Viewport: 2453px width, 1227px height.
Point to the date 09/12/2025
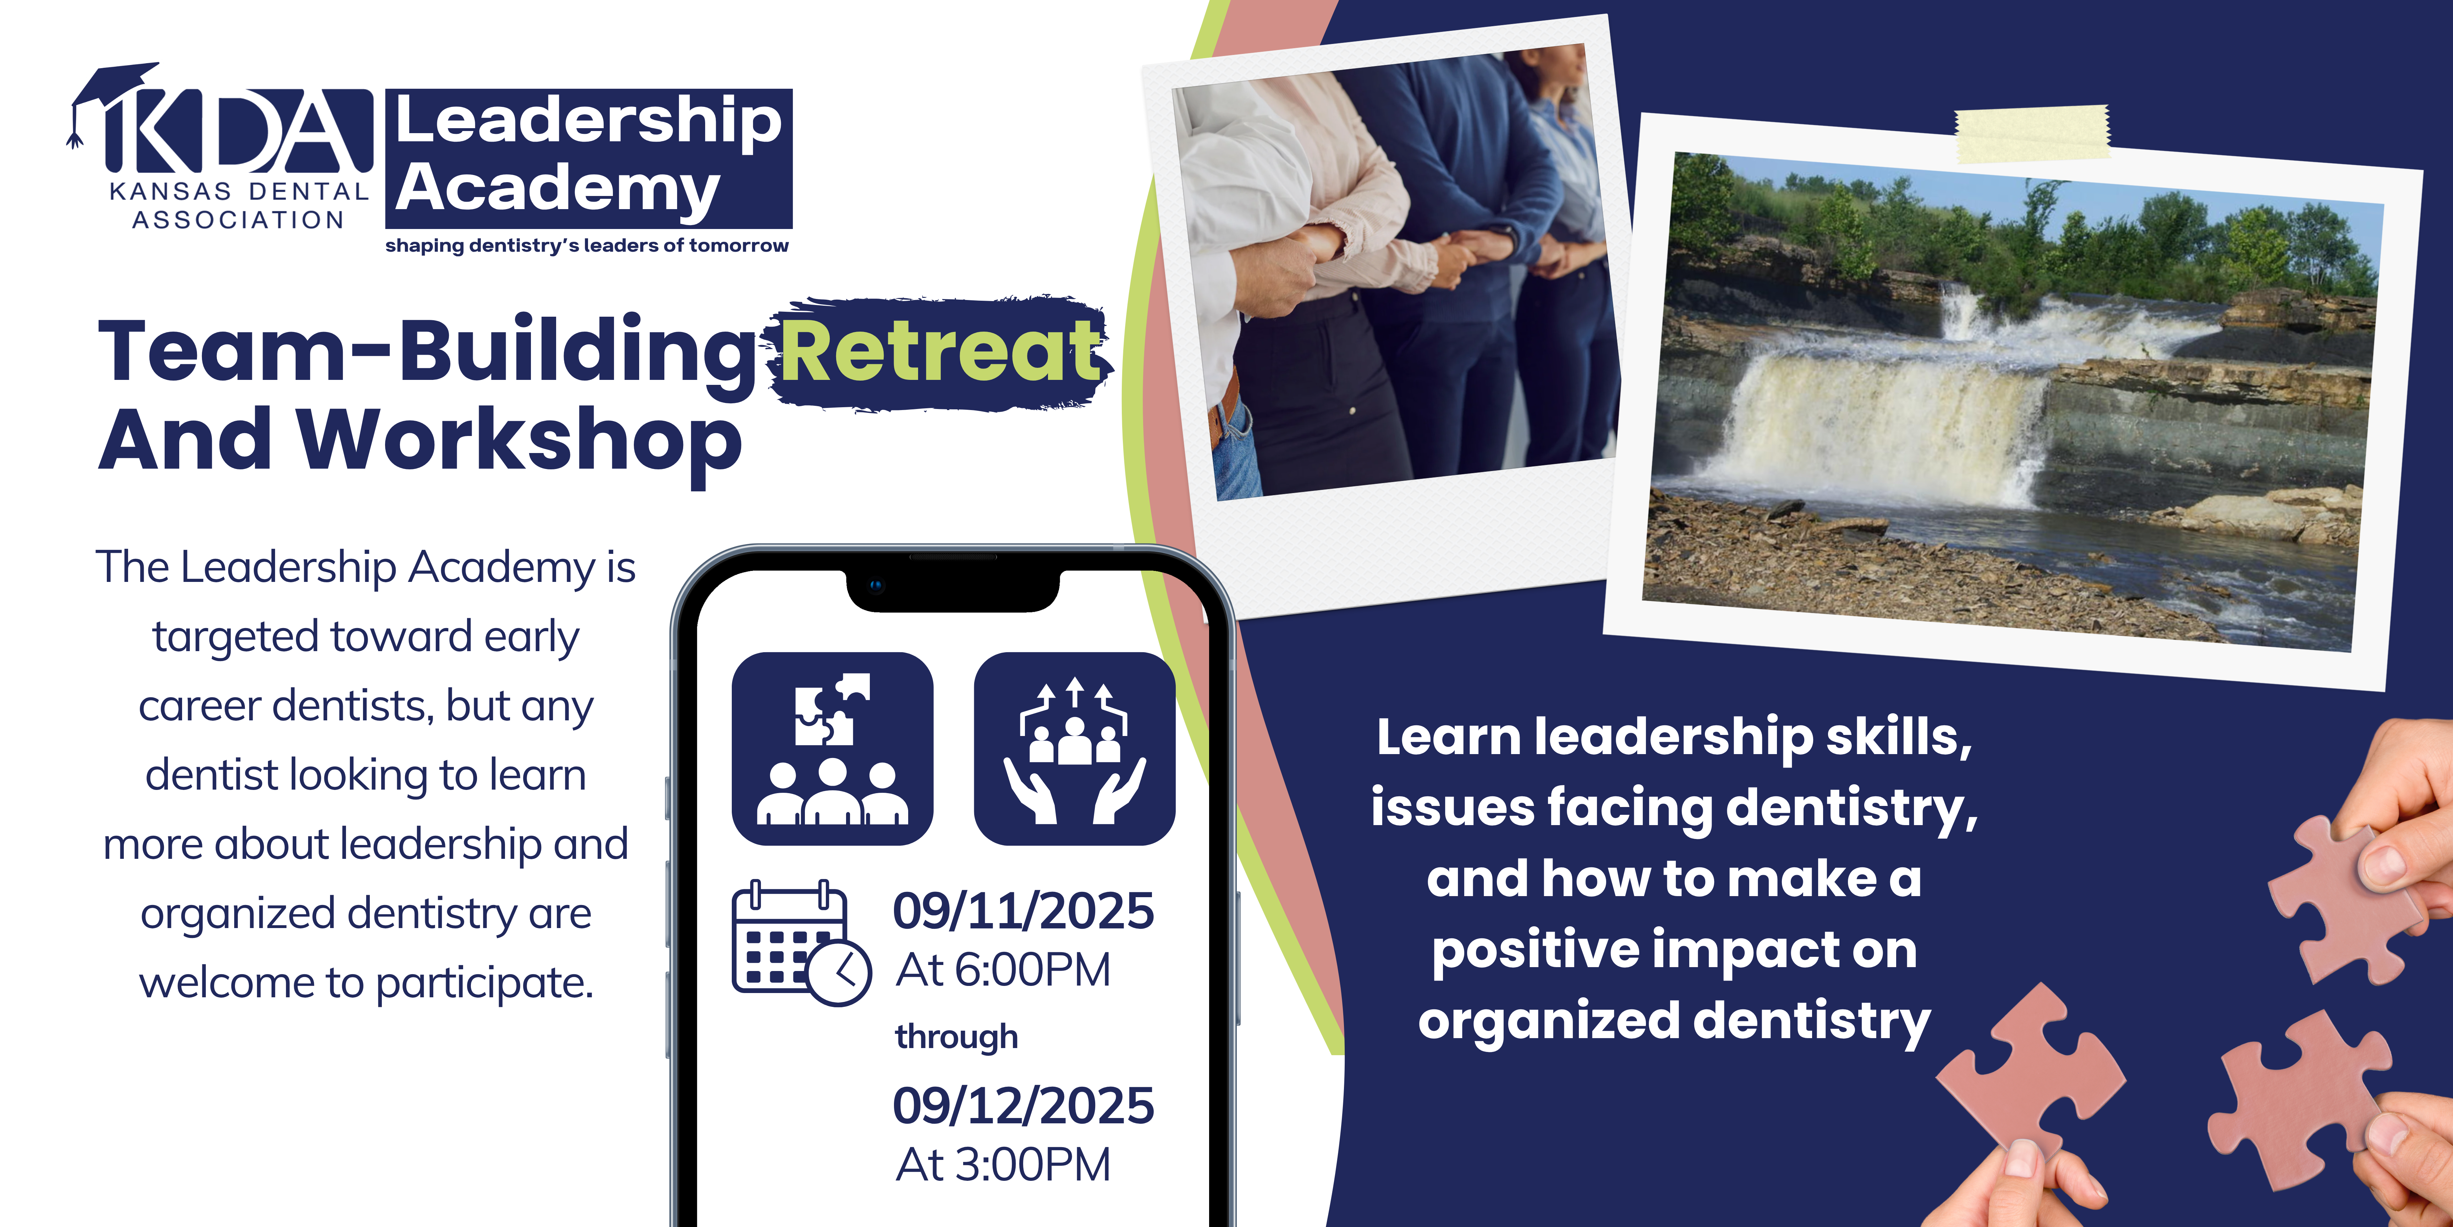(x=1024, y=1105)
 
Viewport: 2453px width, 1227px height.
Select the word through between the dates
(x=956, y=1036)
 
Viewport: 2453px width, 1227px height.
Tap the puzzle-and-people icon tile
(x=832, y=749)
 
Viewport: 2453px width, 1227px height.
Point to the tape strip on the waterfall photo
(x=2032, y=133)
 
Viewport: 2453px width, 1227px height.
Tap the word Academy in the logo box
(x=557, y=189)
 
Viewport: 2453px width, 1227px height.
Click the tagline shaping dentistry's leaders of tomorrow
(x=587, y=246)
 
